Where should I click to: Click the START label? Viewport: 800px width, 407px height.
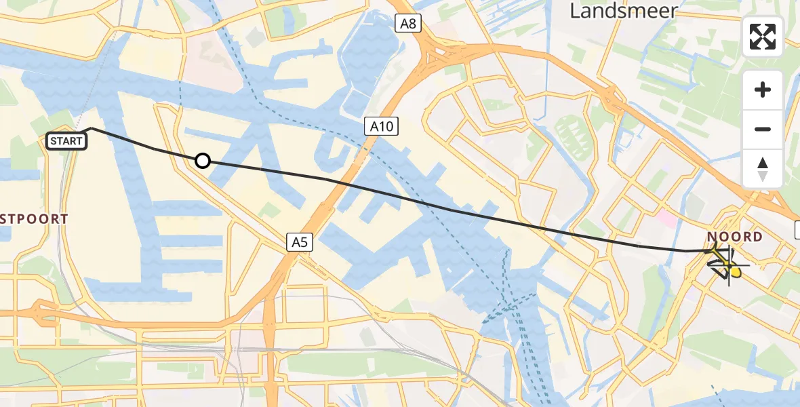tap(66, 141)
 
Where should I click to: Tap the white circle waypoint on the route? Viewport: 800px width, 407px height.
tap(202, 161)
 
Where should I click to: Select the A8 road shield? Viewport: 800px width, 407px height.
tap(407, 24)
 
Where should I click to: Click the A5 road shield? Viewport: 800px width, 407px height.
tap(299, 241)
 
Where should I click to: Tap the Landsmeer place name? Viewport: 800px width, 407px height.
tap(623, 10)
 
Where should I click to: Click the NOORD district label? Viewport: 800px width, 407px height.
tap(735, 237)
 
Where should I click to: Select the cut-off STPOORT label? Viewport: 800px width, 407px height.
tap(34, 219)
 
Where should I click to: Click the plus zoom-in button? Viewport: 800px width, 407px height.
tap(763, 90)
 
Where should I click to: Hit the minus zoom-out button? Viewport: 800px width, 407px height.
tap(763, 129)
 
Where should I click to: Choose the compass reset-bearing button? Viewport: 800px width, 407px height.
tap(763, 168)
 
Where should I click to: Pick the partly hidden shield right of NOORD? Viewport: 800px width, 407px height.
tap(797, 230)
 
